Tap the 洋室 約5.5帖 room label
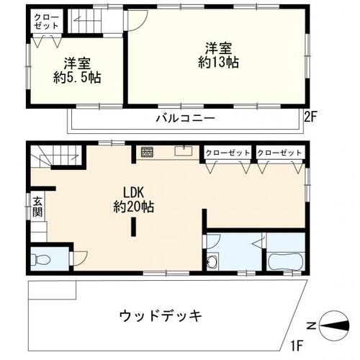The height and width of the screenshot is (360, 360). click(76, 69)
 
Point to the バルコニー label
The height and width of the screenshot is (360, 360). click(184, 118)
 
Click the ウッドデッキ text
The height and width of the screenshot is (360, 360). click(158, 315)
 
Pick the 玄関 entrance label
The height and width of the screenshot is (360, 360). click(37, 209)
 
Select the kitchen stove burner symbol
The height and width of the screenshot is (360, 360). click(147, 152)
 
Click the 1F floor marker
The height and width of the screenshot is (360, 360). click(297, 345)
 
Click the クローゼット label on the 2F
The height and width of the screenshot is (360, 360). click(45, 21)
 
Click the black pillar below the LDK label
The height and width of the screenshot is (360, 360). click(132, 227)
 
